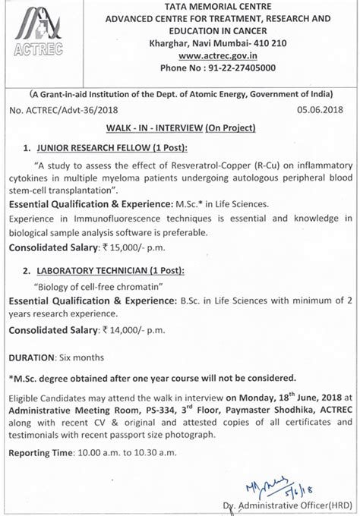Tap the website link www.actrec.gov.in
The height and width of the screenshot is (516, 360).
(216, 55)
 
